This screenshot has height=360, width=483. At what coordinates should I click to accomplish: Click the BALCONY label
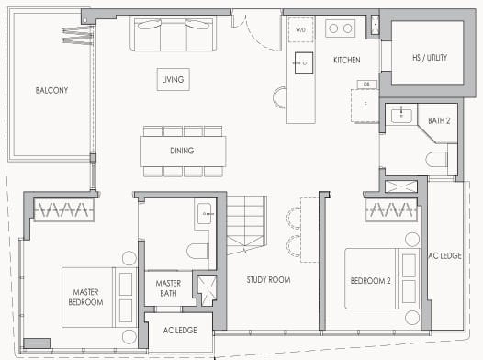tap(52, 90)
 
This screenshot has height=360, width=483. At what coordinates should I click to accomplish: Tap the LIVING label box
tap(173, 80)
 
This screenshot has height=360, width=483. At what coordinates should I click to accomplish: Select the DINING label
tap(182, 152)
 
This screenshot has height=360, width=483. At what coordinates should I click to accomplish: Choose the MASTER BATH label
tap(167, 288)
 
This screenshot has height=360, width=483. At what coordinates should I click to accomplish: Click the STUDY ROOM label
tap(268, 280)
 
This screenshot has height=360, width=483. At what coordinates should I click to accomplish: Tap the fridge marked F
tap(365, 104)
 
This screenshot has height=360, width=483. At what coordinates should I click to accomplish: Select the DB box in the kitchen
tap(365, 84)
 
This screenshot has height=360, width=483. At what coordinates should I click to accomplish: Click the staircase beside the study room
tap(248, 228)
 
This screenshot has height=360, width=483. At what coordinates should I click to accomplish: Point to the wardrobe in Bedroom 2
tap(395, 211)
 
